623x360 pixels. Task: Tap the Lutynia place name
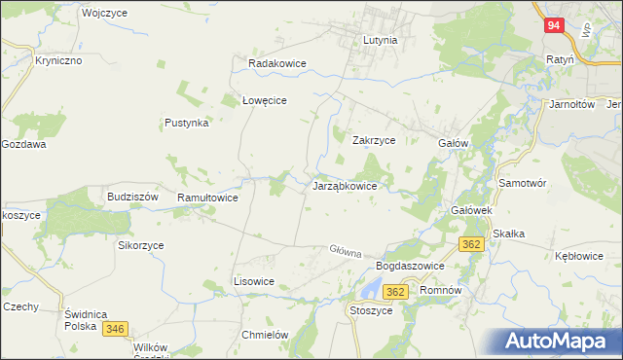(x=380, y=41)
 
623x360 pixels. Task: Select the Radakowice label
(x=277, y=63)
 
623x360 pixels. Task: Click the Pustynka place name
(x=186, y=124)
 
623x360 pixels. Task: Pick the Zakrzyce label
(x=373, y=140)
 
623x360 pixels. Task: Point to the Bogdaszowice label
(x=410, y=266)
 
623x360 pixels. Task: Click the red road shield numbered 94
(x=553, y=26)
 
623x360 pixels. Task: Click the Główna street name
(x=346, y=251)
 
